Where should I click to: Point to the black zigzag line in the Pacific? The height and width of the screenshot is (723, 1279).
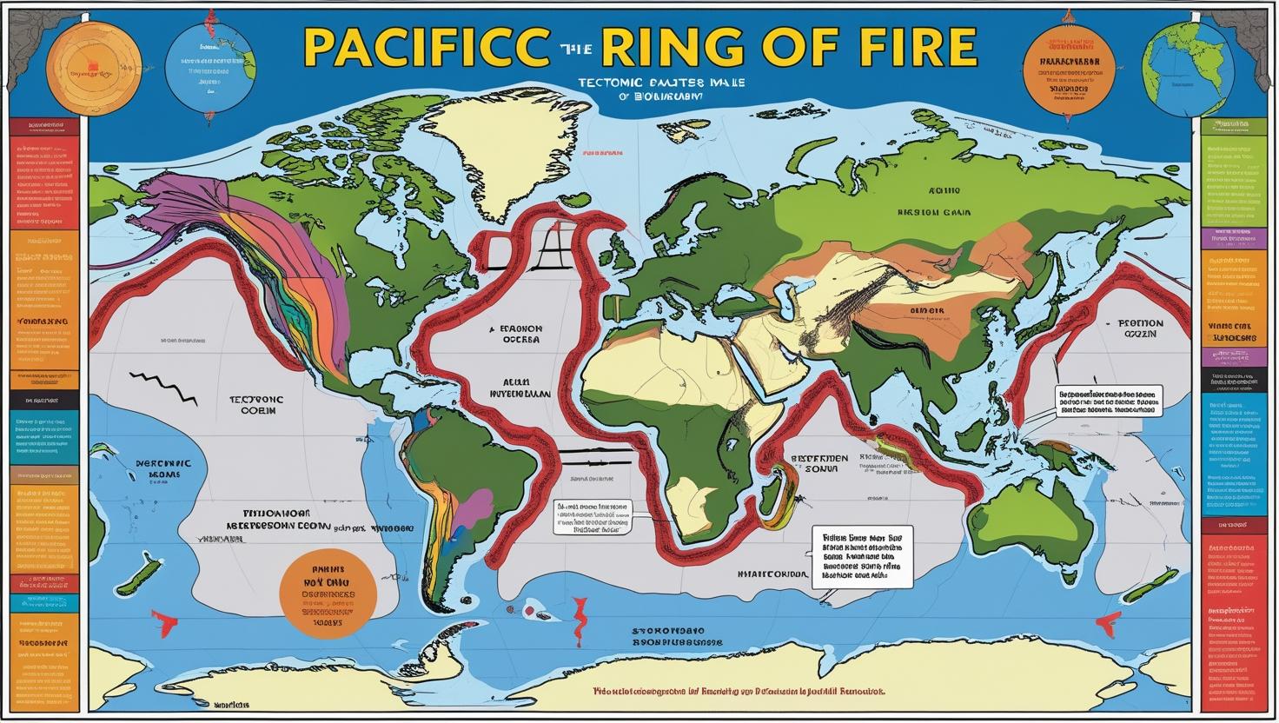[x=166, y=388]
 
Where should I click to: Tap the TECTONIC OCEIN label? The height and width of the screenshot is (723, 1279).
[x=256, y=405]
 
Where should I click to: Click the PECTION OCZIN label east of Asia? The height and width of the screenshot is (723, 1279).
[x=1134, y=327]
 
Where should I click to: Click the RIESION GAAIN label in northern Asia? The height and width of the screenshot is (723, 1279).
[x=934, y=211]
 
